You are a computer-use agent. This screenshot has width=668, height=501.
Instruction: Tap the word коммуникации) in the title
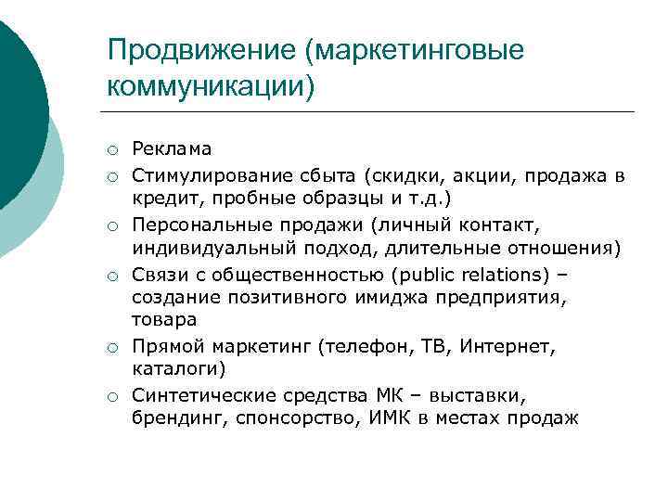212,86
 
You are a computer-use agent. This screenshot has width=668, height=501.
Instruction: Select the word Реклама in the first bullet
172,148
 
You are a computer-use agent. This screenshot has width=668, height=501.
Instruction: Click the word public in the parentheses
419,274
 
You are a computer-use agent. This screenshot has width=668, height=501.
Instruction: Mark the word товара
164,318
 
